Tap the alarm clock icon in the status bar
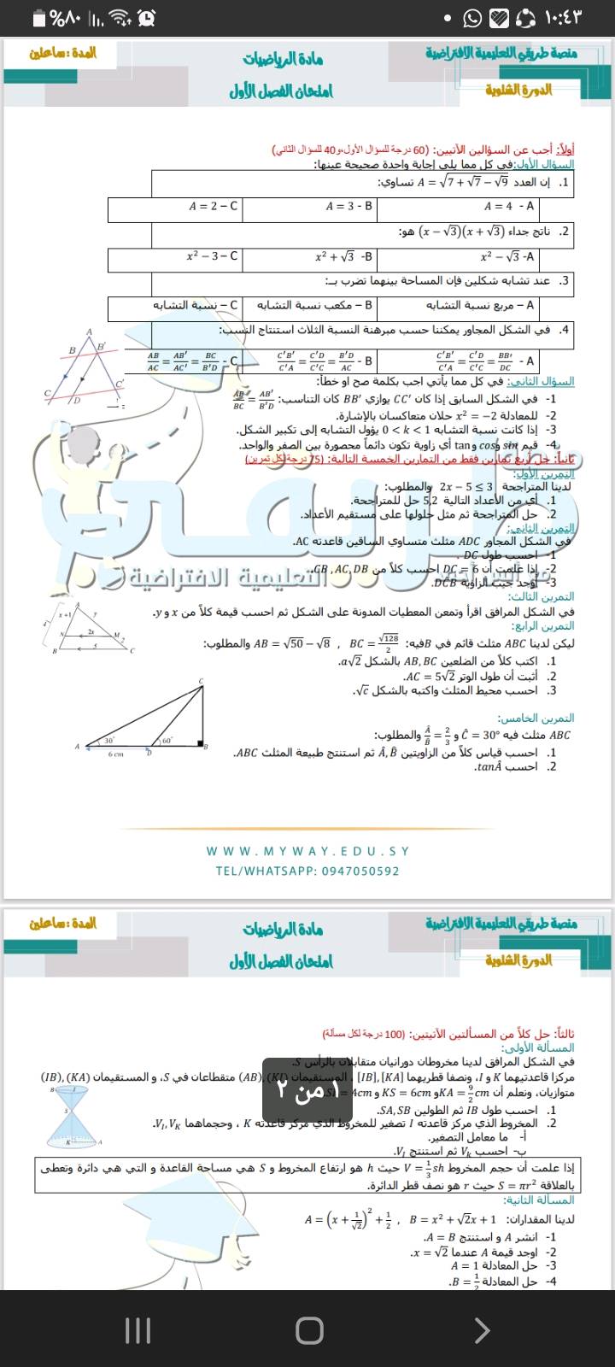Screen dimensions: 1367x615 [147, 18]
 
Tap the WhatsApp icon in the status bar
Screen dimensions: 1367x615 [472, 18]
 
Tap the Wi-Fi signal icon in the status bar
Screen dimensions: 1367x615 [121, 18]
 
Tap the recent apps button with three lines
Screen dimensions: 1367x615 [138, 1329]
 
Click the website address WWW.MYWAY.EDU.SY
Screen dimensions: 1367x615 [307, 851]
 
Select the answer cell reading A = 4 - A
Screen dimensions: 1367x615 [509, 206]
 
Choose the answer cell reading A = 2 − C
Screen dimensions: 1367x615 [214, 206]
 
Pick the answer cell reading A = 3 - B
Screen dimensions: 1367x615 [349, 206]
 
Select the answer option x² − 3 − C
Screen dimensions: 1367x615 [213, 255]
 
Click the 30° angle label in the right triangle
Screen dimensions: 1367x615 [109, 741]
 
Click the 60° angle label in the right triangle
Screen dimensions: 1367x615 [166, 741]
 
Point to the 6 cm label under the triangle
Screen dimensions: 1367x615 [114, 754]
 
